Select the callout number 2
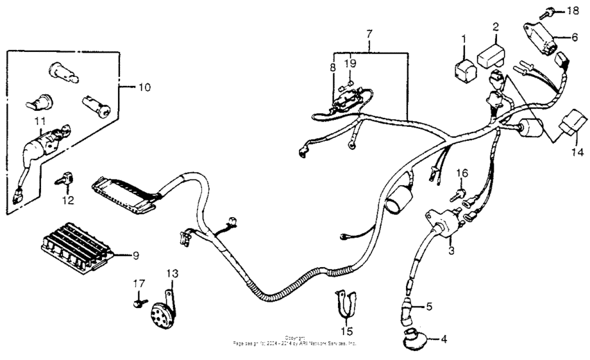pos(496,27)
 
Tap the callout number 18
pos(572,12)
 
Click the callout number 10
pos(144,87)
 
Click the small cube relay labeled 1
pos(464,69)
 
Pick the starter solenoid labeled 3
pos(441,223)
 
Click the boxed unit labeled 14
pos(575,122)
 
